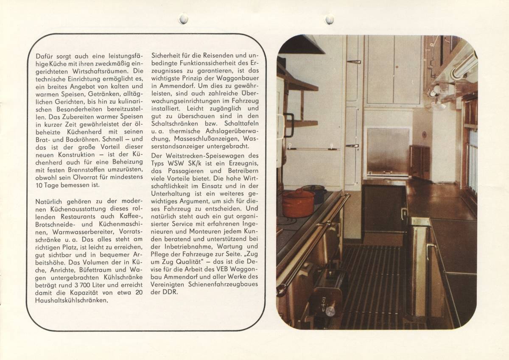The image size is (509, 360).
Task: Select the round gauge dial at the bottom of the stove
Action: click(330, 311)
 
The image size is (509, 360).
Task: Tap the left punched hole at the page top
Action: click(183, 19)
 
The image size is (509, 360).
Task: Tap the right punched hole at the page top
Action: click(329, 19)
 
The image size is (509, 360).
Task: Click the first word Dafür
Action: click(45, 56)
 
